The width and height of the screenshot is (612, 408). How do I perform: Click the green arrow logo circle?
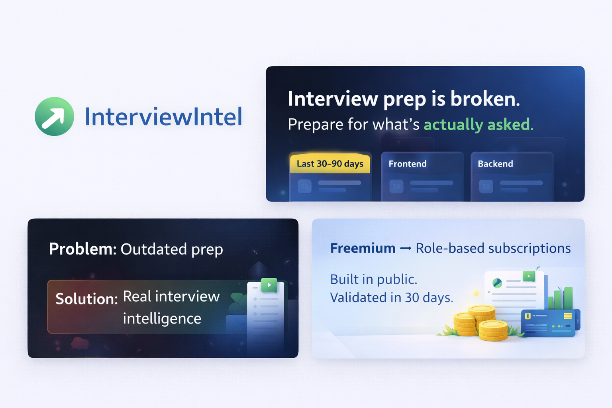point(54,116)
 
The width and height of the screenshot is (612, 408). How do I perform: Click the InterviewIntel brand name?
point(164,117)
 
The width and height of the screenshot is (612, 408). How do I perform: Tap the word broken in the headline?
point(485,98)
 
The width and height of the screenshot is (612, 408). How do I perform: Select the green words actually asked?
point(479,124)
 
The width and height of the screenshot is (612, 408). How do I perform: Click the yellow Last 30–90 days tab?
point(330,163)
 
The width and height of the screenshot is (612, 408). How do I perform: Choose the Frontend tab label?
point(407,164)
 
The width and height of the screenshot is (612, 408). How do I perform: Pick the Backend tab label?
point(495,164)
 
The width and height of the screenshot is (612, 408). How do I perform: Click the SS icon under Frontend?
point(396,186)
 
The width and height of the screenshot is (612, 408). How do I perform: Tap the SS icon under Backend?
point(486,186)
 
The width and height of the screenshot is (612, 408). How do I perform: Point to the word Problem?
point(83,249)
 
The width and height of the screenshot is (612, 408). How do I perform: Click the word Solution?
point(86,299)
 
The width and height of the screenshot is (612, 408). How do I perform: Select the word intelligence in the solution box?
point(162,319)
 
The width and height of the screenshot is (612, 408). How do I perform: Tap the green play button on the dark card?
point(269,285)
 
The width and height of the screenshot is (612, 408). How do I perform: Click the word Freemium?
point(363,248)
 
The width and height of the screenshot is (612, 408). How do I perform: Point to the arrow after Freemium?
point(406,248)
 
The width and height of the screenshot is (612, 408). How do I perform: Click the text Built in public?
point(373,279)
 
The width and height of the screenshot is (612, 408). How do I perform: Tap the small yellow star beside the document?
point(476,294)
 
